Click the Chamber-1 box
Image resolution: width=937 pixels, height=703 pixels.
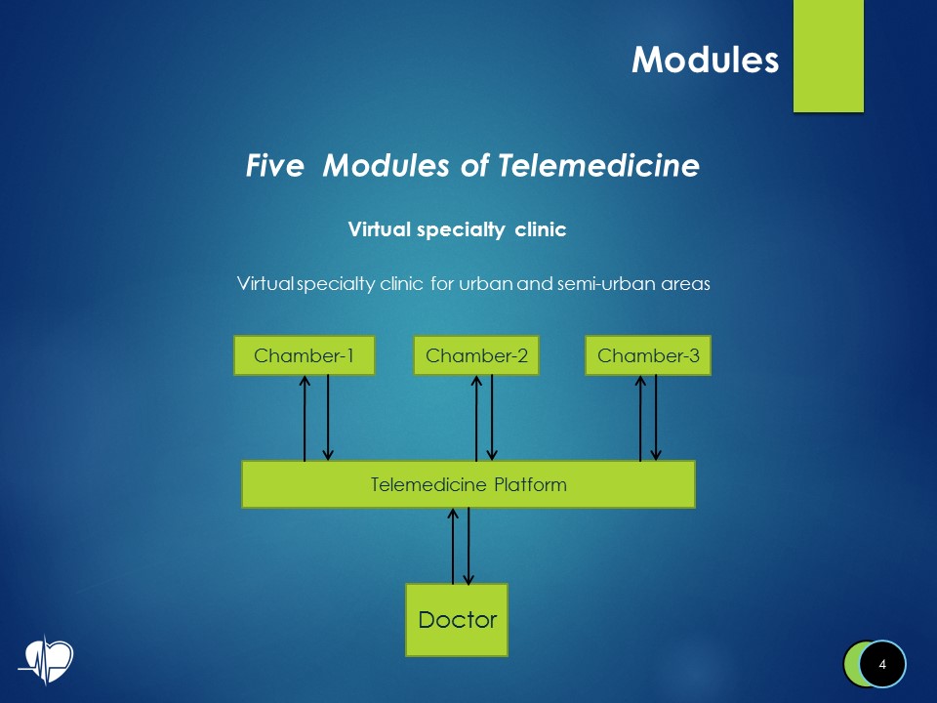coord(304,355)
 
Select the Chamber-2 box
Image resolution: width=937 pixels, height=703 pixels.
coord(476,355)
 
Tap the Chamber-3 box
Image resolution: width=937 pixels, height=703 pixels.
coord(648,355)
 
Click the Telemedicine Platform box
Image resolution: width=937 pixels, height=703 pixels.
coord(468,484)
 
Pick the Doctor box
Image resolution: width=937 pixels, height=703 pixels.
coord(457,619)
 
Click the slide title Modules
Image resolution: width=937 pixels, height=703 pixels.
coord(705,60)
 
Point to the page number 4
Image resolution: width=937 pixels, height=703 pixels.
coord(882,665)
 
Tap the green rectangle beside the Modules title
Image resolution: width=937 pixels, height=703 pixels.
coord(828,56)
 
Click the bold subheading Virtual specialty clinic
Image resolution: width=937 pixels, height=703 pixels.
coord(458,230)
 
